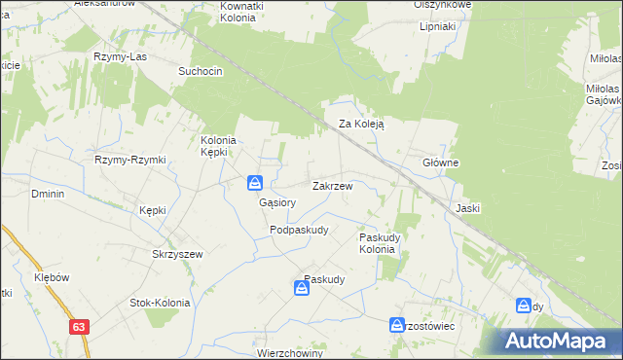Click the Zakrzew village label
(332, 185)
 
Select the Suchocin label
(201, 72)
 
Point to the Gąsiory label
(277, 203)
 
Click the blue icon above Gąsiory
(254, 182)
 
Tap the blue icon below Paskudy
(302, 289)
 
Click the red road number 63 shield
(80, 329)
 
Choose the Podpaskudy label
(299, 230)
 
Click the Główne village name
(440, 162)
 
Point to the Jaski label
(468, 208)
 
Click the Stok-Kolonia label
(160, 303)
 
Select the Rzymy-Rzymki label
(130, 160)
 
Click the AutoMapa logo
(560, 341)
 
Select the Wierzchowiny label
(289, 353)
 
